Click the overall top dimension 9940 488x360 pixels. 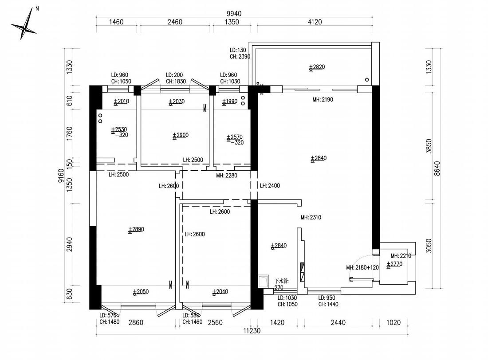click(x=234, y=14)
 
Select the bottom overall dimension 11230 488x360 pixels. click(x=252, y=331)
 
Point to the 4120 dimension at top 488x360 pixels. click(x=315, y=22)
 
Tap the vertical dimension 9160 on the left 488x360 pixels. click(x=61, y=176)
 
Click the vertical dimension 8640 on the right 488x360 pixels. click(x=437, y=168)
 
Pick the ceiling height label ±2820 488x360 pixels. click(x=317, y=67)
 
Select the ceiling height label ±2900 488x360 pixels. click(x=181, y=135)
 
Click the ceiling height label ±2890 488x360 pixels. click(x=136, y=230)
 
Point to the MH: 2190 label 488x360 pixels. click(x=323, y=100)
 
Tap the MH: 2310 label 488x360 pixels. click(x=311, y=217)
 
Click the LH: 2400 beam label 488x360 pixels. click(x=270, y=186)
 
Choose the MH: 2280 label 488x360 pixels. click(x=227, y=176)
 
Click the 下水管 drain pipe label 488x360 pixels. click(x=281, y=281)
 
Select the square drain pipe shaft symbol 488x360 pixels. click(x=264, y=281)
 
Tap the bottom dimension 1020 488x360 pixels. click(x=394, y=322)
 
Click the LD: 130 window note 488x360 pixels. click(x=238, y=50)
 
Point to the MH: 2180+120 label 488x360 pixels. click(x=362, y=268)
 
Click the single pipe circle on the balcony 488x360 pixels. click(x=367, y=80)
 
